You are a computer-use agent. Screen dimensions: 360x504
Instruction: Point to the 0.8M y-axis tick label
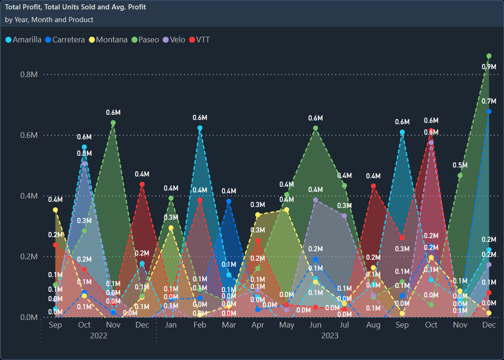[28, 74]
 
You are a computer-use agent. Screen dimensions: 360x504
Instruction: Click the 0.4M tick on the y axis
[28, 196]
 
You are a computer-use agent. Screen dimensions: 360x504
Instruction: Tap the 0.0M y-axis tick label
[28, 317]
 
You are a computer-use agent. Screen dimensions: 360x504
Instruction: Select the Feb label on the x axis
[200, 325]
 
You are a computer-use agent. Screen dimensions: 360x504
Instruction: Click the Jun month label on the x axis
[316, 325]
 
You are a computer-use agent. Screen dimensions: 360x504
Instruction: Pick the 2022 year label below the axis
[99, 336]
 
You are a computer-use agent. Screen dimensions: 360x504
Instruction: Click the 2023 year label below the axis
[330, 336]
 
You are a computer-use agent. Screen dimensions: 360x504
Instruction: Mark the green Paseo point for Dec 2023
[489, 56]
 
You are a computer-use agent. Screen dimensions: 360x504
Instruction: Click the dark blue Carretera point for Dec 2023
[489, 112]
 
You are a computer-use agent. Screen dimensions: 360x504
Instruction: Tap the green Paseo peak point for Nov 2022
[113, 123]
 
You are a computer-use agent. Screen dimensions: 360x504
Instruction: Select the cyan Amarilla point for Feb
[200, 128]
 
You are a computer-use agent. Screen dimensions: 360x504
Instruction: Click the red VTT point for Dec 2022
[142, 184]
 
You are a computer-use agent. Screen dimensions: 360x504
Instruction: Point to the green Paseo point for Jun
[316, 128]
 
